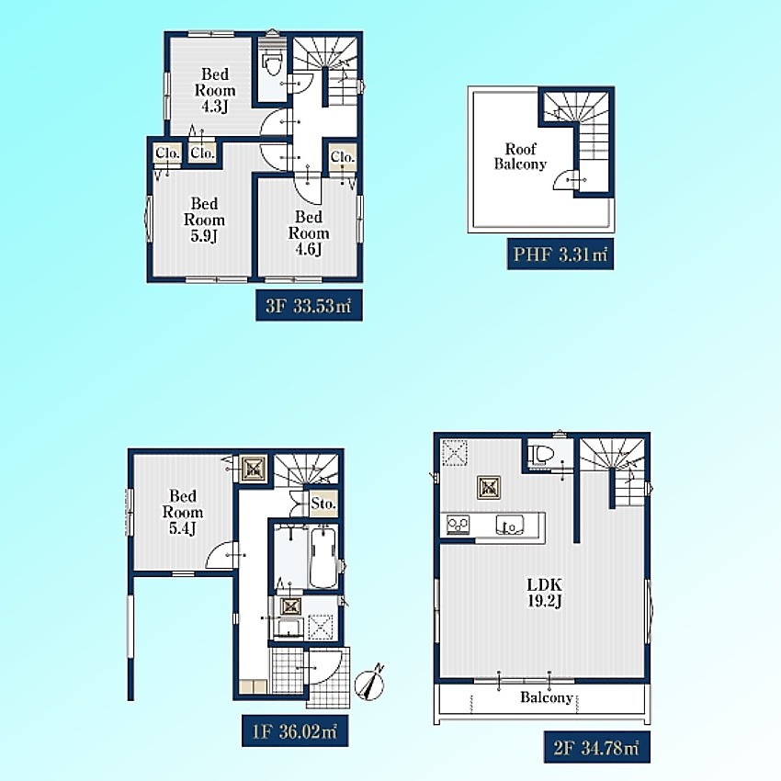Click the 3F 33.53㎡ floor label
click(309, 305)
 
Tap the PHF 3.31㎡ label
click(560, 255)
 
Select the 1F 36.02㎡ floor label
click(295, 731)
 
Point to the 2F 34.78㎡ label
click(596, 748)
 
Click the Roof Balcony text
click(520, 156)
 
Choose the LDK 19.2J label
click(545, 593)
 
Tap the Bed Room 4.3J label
click(215, 90)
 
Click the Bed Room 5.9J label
click(204, 220)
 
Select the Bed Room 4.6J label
click(309, 233)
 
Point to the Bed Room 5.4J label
click(182, 512)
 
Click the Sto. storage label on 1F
click(323, 504)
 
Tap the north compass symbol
click(369, 684)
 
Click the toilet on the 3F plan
click(272, 63)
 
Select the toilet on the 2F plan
click(541, 454)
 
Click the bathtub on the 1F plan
click(323, 558)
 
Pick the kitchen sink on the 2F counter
click(510, 525)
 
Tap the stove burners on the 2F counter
click(458, 525)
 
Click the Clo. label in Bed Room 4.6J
click(342, 157)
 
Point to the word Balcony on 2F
click(547, 697)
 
